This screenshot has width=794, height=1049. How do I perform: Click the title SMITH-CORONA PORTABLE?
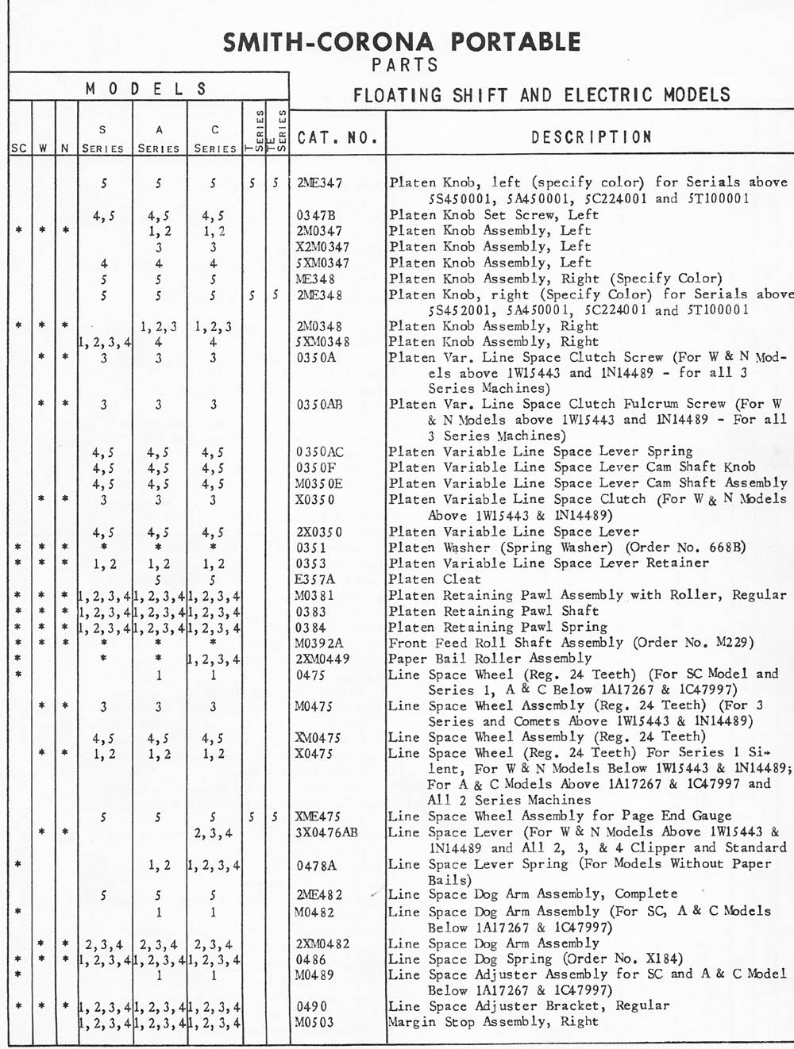coord(402,41)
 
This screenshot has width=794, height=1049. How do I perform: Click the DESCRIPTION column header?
coord(592,137)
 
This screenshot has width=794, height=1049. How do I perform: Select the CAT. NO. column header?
coord(337,138)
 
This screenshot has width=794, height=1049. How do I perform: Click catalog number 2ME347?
coord(320,183)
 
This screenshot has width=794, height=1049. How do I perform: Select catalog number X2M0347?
coord(322,247)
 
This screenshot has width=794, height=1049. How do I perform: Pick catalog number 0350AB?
coord(320,405)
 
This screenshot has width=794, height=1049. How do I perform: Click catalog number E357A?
coord(314,579)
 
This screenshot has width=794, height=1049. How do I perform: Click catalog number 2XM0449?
coord(322,659)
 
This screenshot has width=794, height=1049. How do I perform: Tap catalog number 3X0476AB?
coord(326,832)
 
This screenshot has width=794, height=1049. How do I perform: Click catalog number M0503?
coord(314,1022)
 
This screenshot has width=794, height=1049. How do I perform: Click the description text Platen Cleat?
coord(434,579)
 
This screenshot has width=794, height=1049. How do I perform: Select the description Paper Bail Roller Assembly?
coord(490,659)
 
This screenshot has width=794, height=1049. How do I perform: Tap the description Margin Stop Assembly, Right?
coord(493,1022)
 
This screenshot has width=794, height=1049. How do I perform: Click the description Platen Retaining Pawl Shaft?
coord(493,611)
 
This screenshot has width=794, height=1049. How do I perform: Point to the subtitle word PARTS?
coord(405,65)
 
